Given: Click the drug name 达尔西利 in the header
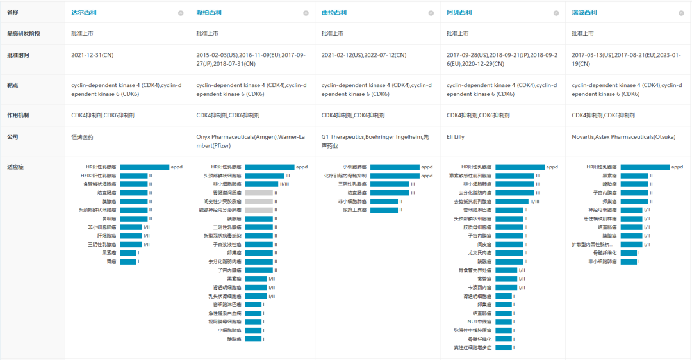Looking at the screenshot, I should (84, 12).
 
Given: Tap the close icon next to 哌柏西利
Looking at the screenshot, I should (306, 13).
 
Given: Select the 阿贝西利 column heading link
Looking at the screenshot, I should (459, 12).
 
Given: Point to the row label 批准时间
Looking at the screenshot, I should (18, 55).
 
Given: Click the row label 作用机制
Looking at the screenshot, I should (18, 115).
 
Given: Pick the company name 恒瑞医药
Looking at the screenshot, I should (82, 136).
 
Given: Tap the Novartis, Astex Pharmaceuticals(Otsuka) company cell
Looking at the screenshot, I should (623, 136).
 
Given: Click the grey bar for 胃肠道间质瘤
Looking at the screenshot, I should (259, 193).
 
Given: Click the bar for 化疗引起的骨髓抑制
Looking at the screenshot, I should (395, 176).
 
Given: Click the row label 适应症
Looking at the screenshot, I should (14, 167).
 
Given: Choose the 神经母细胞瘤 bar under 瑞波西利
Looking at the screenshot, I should (631, 210).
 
